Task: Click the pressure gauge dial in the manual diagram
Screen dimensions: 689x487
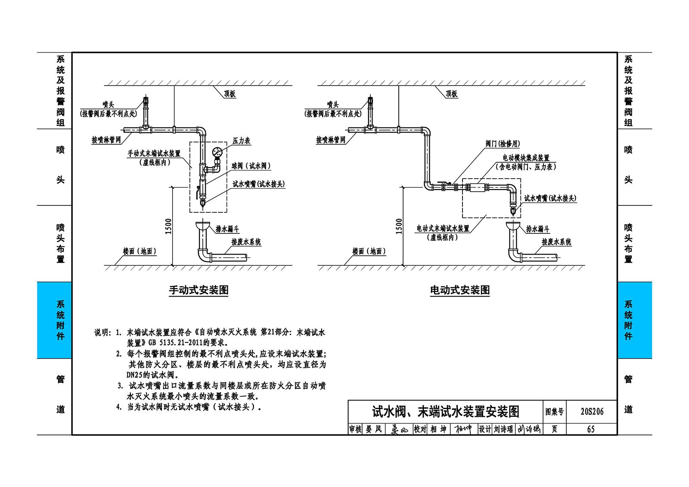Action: tap(217, 152)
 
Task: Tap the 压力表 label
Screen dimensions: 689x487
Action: tap(241, 141)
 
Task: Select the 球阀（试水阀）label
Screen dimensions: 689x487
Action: tap(251, 166)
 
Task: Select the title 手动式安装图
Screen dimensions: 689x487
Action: tap(199, 290)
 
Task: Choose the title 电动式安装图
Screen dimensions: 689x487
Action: tap(460, 290)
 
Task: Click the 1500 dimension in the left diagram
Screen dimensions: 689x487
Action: tap(168, 226)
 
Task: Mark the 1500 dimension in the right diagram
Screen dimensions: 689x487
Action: tap(399, 226)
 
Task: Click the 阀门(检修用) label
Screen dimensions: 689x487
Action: tap(503, 144)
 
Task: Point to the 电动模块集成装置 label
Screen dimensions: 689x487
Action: tap(526, 158)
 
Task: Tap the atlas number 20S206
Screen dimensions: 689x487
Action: tap(592, 411)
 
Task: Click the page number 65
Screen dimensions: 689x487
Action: tap(591, 429)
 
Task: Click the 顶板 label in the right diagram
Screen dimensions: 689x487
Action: tap(451, 93)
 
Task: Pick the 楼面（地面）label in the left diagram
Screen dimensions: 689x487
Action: tap(140, 251)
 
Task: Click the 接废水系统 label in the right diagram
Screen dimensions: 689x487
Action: tap(556, 242)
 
